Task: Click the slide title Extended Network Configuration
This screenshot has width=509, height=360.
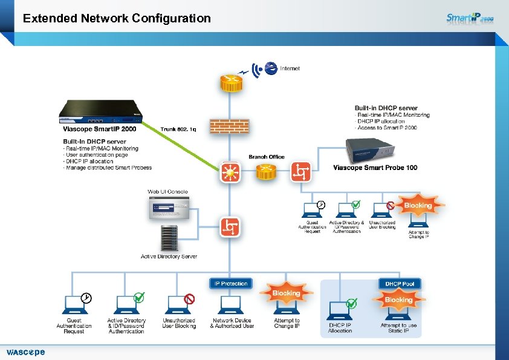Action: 117,18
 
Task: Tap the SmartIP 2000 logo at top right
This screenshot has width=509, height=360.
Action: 470,18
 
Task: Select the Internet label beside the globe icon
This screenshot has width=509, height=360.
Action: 290,68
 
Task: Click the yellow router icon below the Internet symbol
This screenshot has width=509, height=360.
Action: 230,83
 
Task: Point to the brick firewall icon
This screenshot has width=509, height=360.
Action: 229,126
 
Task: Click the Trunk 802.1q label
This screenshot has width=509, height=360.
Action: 178,129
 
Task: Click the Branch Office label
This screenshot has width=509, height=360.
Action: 266,157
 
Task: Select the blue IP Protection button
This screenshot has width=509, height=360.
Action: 230,283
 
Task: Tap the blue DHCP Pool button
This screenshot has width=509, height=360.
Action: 400,283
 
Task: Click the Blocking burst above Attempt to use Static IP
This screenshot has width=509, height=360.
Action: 398,300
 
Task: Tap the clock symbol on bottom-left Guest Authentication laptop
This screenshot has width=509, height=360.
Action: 87,298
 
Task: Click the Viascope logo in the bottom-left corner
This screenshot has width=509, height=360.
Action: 25,352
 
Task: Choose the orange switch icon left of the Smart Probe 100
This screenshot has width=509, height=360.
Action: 301,172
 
